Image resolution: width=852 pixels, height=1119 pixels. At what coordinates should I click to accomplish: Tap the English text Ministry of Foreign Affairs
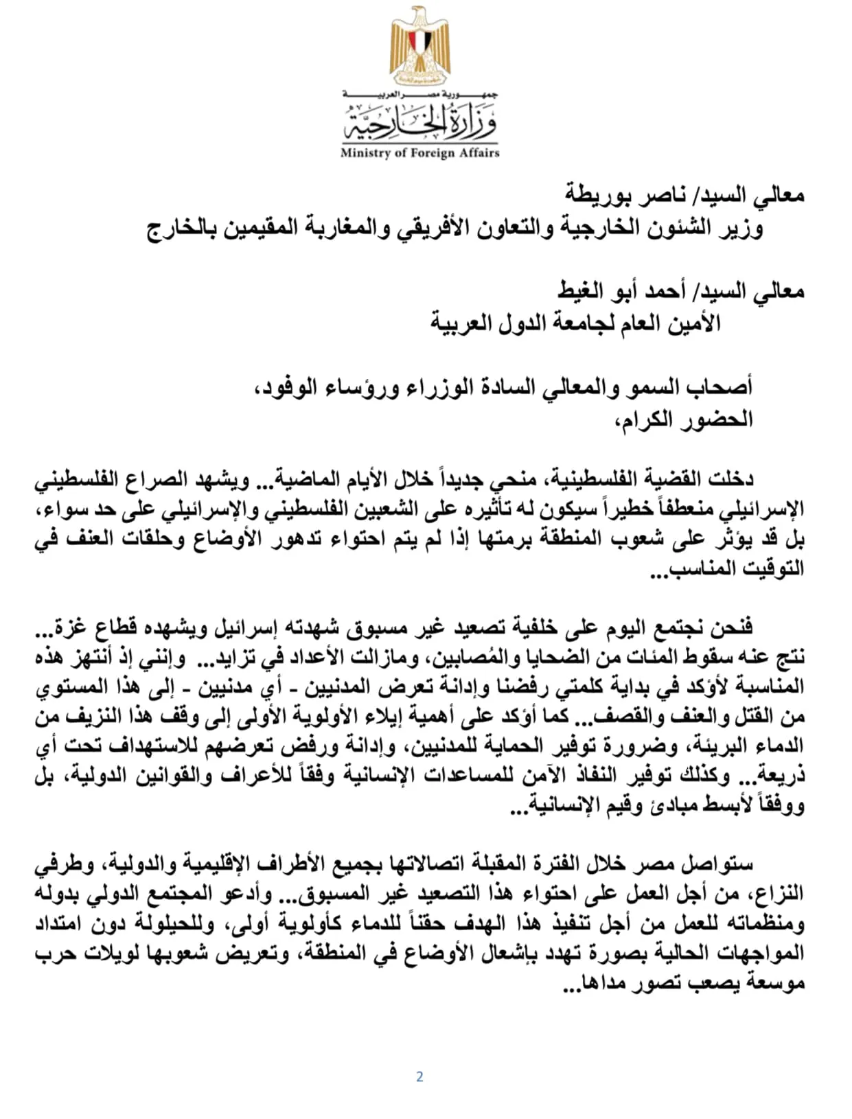pos(419,153)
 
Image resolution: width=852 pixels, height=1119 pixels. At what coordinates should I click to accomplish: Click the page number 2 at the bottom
pos(419,1076)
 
